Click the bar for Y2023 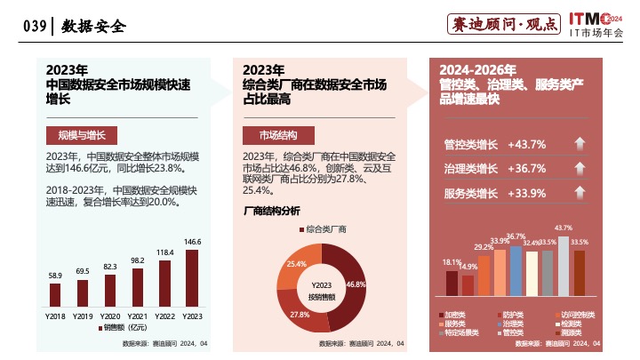pyautogui.click(x=192, y=277)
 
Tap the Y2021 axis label pyautogui.click(x=138, y=316)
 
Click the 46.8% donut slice pyautogui.click(x=348, y=276)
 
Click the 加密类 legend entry pyautogui.click(x=457, y=315)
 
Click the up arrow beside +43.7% pyautogui.click(x=579, y=144)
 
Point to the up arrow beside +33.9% pyautogui.click(x=579, y=194)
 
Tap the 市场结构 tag pyautogui.click(x=278, y=135)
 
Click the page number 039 pyautogui.click(x=34, y=26)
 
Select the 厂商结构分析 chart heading pyautogui.click(x=272, y=211)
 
